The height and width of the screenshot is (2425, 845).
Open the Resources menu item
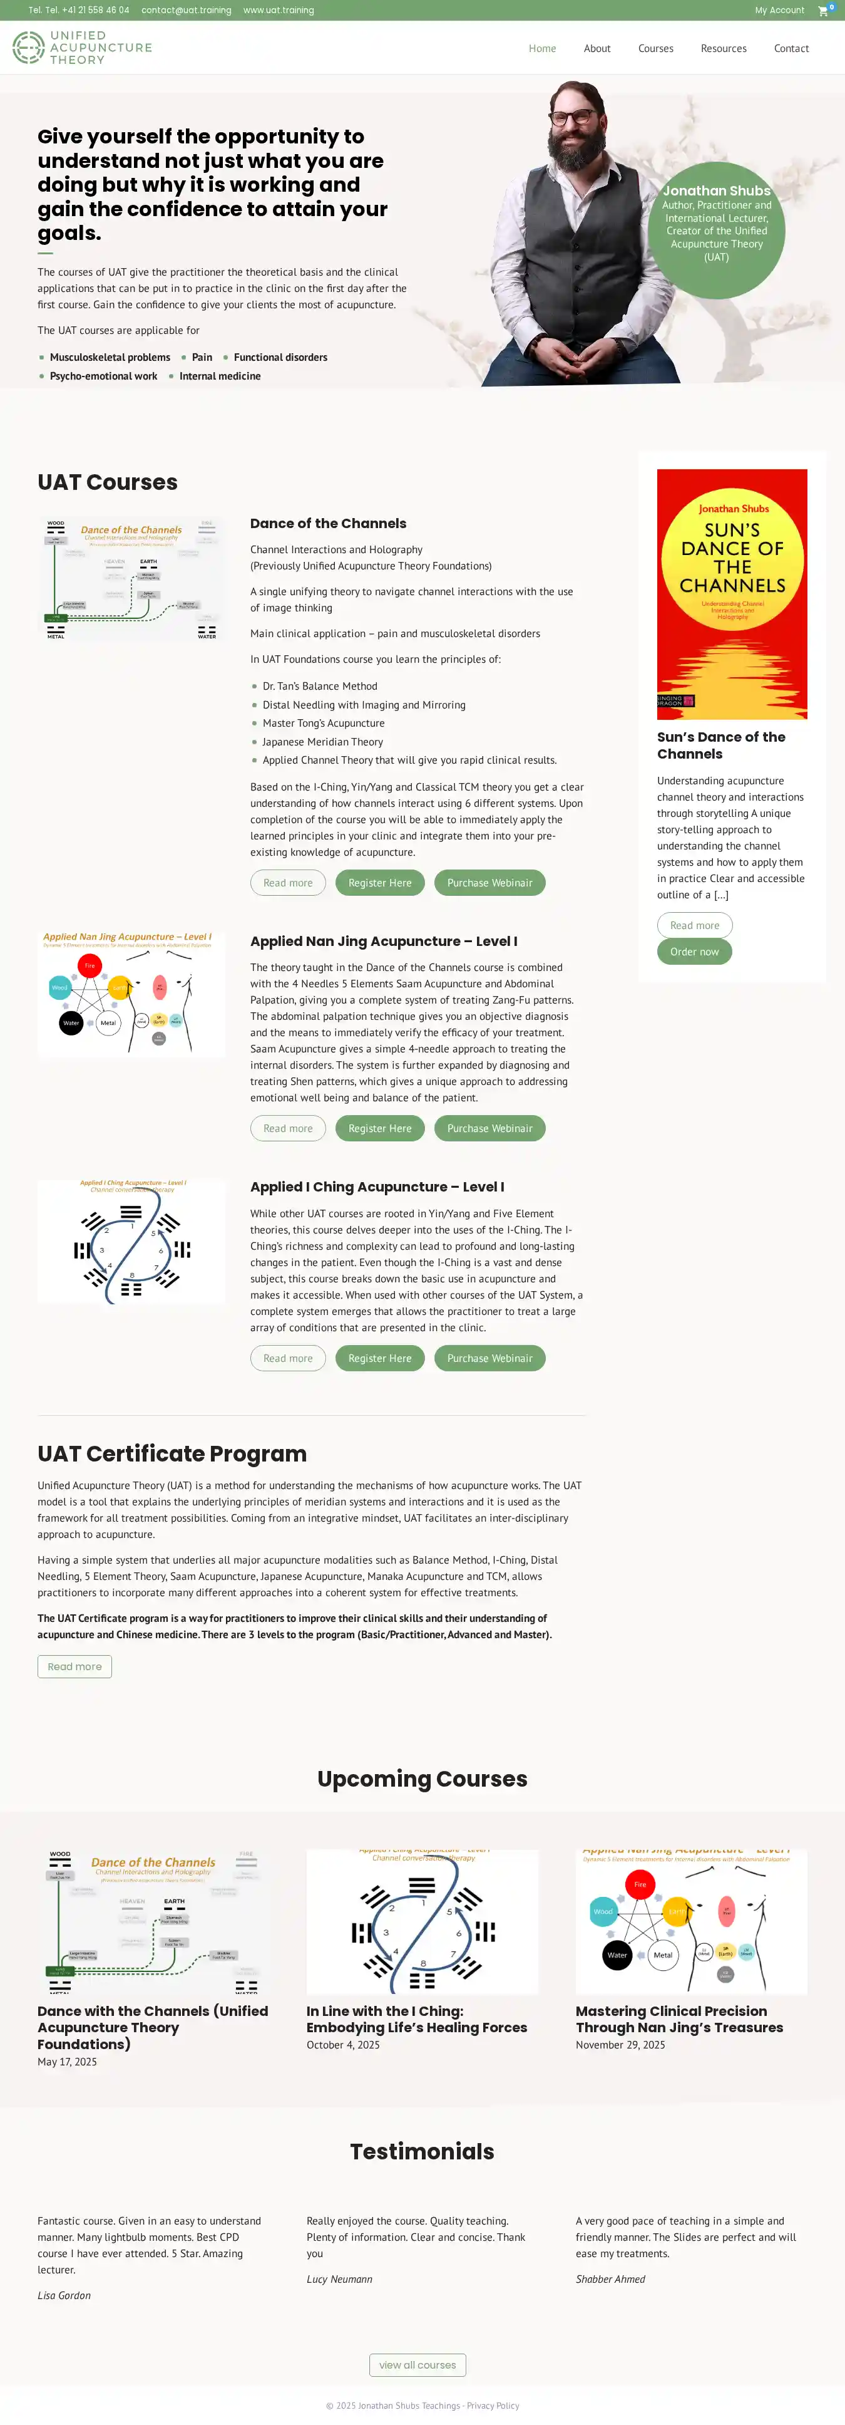723,49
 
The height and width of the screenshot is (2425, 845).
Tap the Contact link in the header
791,49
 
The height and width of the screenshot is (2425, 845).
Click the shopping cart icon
823,11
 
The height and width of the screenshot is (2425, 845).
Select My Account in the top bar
779,11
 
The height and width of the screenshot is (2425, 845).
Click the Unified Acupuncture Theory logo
82,47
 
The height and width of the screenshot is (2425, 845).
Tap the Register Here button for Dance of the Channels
379,883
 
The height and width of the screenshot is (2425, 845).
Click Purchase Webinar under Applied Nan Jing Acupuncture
489,1129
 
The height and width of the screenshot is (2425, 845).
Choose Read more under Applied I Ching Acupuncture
288,1358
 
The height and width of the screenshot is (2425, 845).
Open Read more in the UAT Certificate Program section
74,1666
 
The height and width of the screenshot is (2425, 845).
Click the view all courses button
417,2365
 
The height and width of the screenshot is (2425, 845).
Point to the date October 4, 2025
342,2045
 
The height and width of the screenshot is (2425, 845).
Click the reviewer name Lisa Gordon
64,2295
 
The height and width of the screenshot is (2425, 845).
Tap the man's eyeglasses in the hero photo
573,118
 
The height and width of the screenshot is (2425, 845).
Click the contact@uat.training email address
187,11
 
